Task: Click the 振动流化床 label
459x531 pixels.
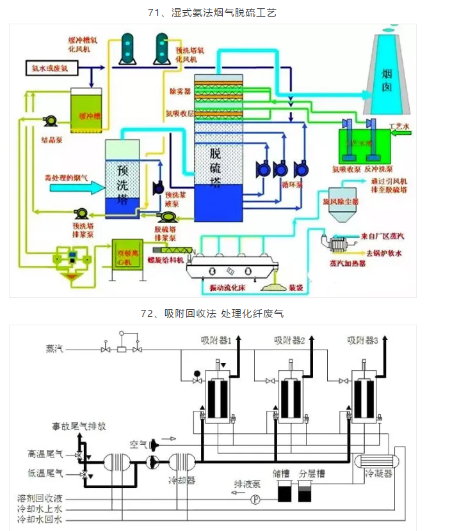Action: click(x=229, y=289)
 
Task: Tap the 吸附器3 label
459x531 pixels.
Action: click(x=363, y=341)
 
